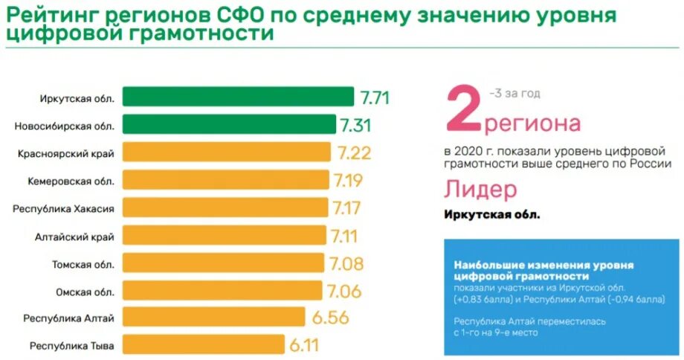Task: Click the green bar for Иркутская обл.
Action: (x=238, y=97)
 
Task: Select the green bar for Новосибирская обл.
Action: (x=230, y=124)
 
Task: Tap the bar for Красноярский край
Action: (x=227, y=152)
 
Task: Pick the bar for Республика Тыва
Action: (x=203, y=345)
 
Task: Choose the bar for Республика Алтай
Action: (x=213, y=318)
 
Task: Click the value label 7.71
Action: (x=375, y=97)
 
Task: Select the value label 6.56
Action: (x=331, y=318)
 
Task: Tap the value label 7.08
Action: (x=344, y=263)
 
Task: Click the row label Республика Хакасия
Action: (x=63, y=208)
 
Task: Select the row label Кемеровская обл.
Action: (x=71, y=181)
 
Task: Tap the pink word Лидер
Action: (x=480, y=190)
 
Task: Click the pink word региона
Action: (x=532, y=123)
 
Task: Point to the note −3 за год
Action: (x=514, y=93)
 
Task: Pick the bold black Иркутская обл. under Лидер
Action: (x=492, y=215)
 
